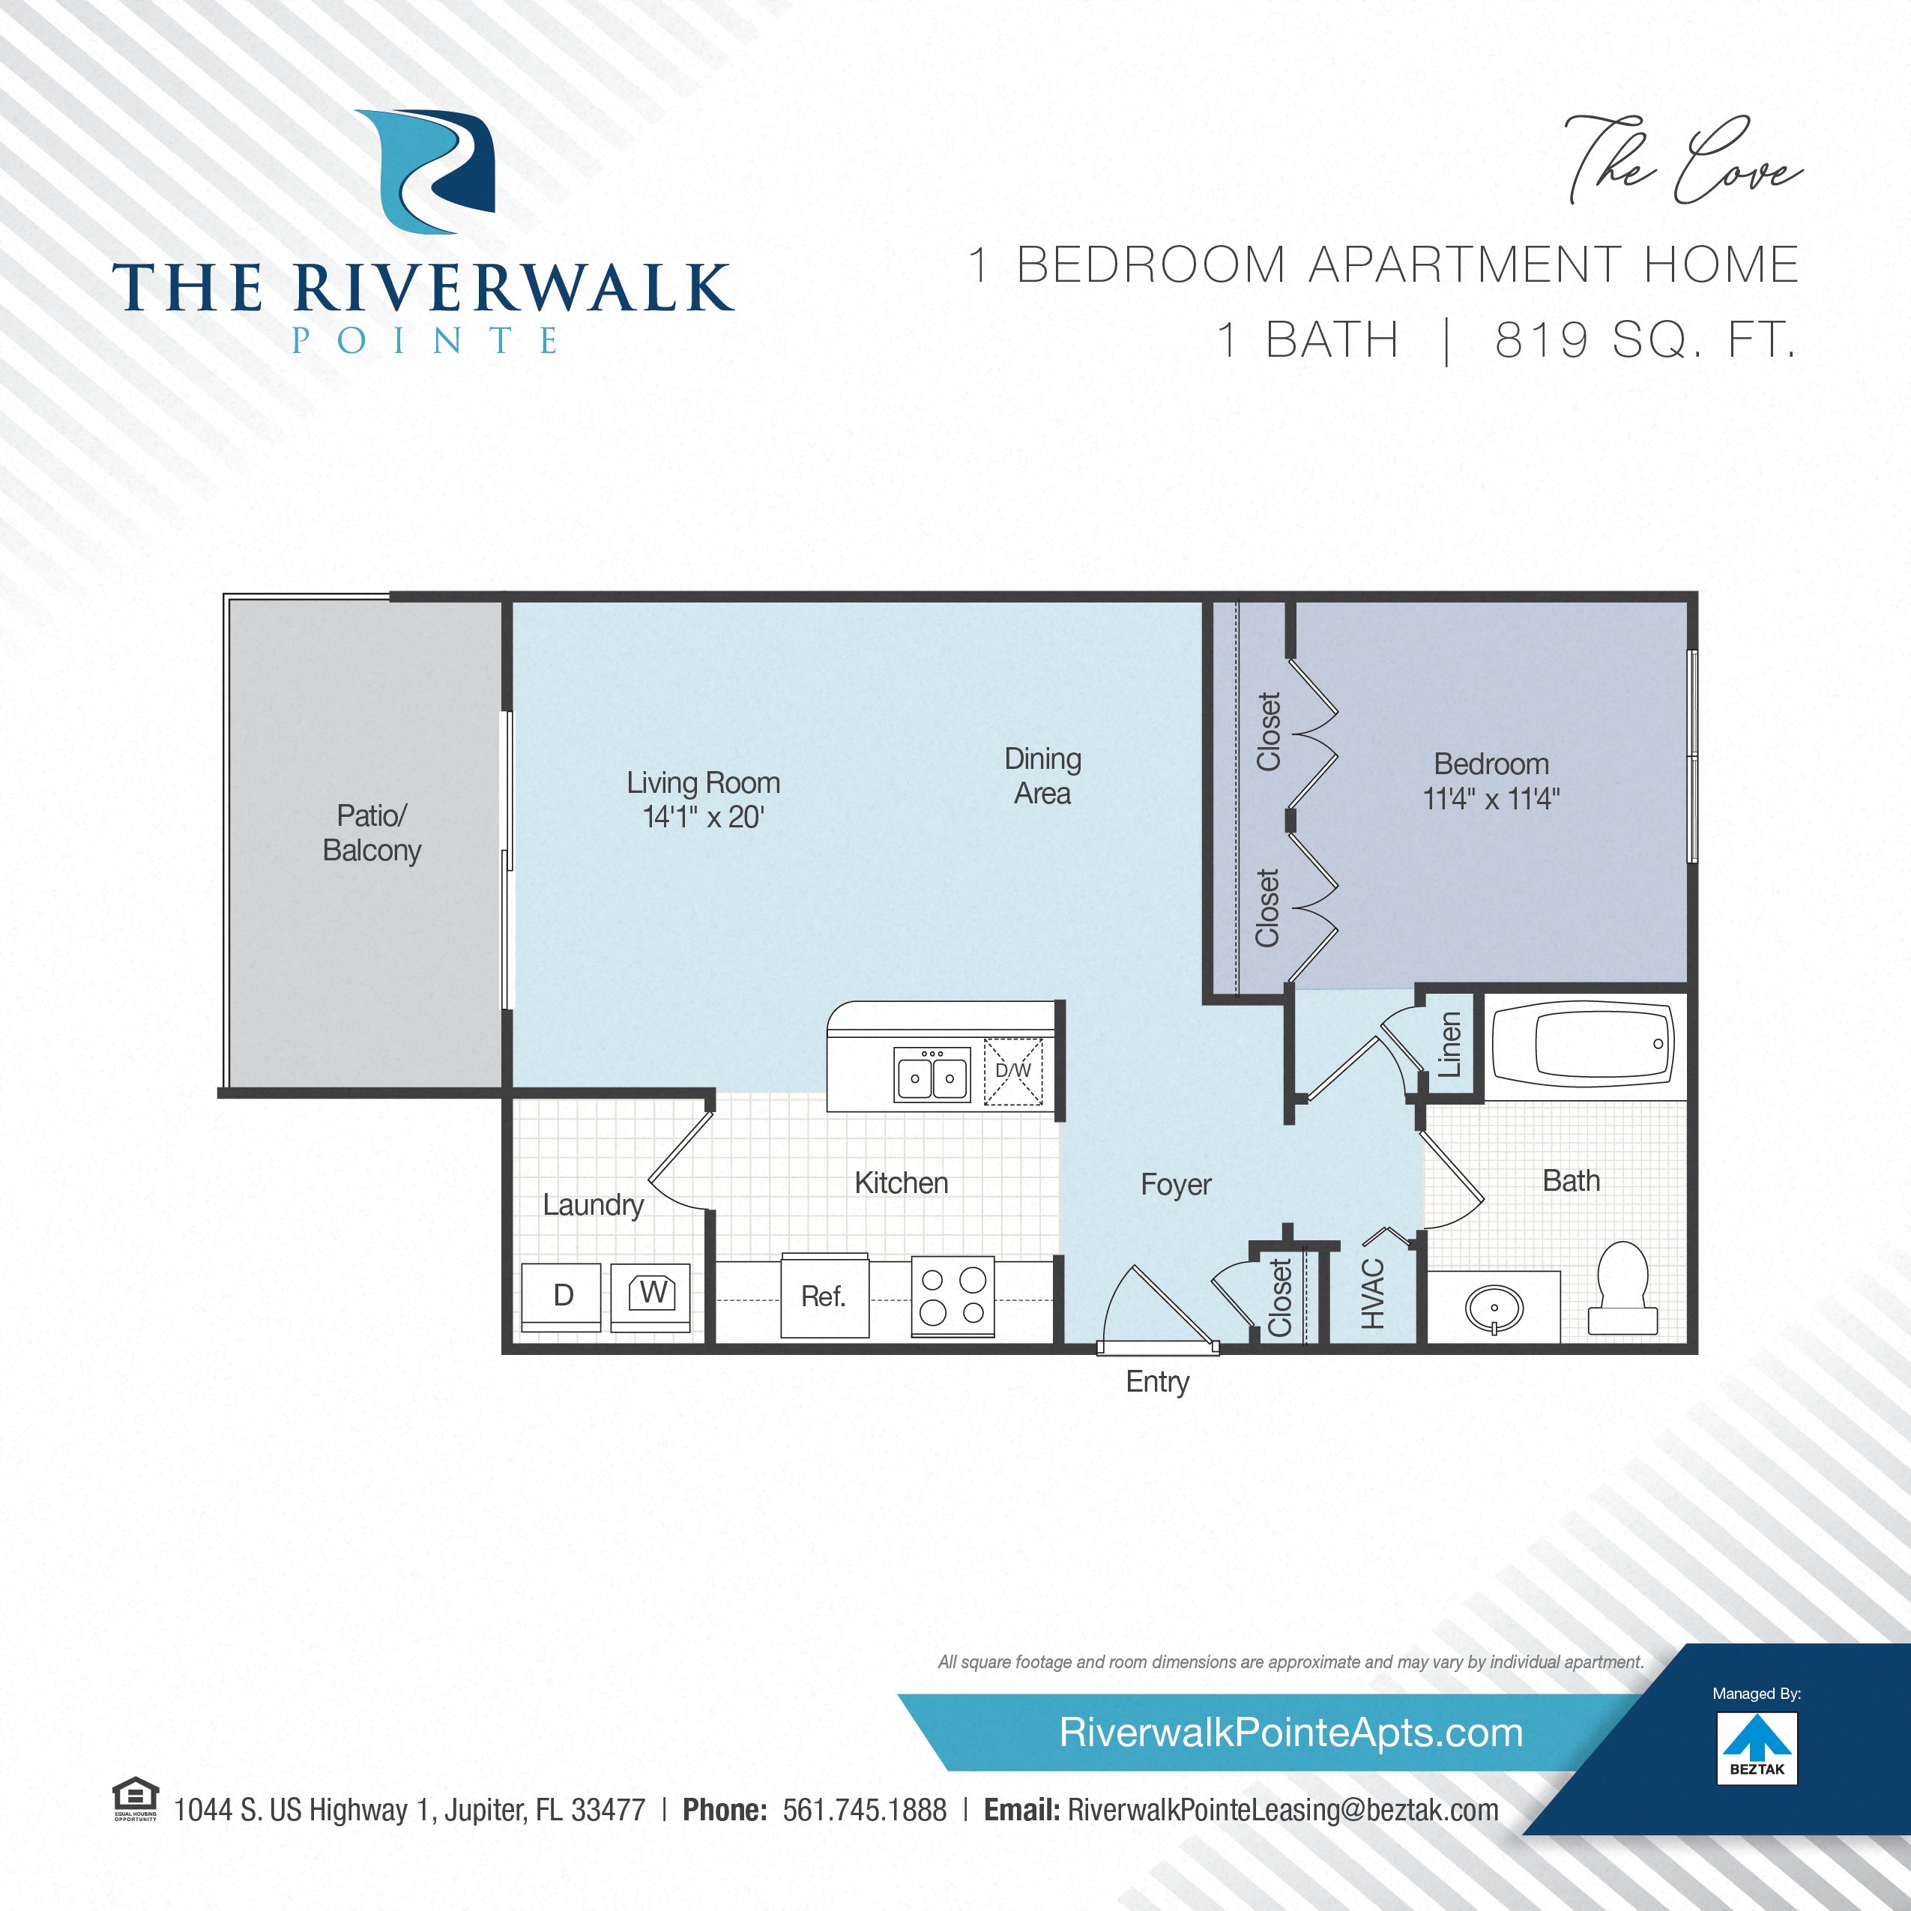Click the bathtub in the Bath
[1581, 1045]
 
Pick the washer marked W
[650, 1296]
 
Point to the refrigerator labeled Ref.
[824, 1296]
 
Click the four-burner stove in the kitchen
[953, 1296]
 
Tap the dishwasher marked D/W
[1013, 1070]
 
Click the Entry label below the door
[1157, 1382]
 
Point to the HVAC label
[1372, 1293]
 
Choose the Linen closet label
[1449, 1045]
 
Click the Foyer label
[1175, 1184]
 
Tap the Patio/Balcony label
[372, 833]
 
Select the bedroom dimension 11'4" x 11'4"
[1491, 798]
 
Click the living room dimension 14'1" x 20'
[703, 817]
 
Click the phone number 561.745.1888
[865, 1810]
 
